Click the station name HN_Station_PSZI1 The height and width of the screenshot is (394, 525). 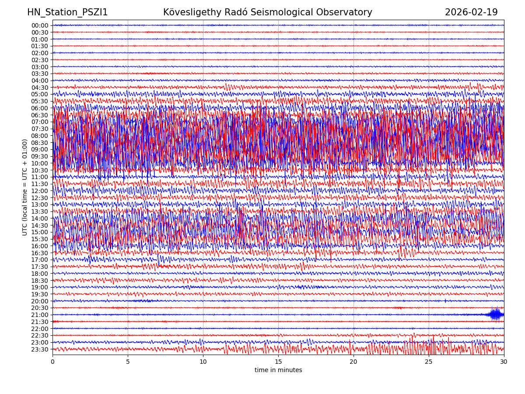coord(67,12)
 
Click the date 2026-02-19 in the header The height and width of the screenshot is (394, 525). coord(471,12)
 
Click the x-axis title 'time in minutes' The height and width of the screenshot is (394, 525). coord(278,370)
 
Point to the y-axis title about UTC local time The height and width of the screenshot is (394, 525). coord(25,187)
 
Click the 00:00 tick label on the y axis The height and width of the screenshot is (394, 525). coord(40,25)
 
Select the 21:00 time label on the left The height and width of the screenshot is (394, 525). coord(40,315)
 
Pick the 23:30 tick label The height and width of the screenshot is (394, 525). coord(40,349)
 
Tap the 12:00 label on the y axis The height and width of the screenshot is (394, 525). coord(40,191)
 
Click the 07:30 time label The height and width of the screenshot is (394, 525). coord(40,129)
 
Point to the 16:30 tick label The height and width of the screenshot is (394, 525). coord(40,253)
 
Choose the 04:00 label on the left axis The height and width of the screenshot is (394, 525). coord(40,81)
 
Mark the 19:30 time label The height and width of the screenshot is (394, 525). coord(40,294)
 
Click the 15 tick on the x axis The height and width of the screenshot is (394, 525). coord(278,362)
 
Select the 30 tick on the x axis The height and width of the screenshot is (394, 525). coord(504,362)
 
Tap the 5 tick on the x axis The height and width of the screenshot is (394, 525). coord(128,362)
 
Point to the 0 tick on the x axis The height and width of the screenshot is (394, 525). coord(52,362)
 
